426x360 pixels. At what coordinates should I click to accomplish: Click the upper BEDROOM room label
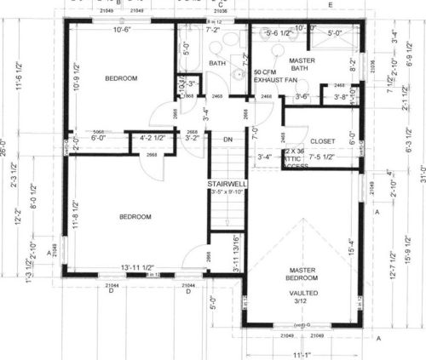tap(121, 78)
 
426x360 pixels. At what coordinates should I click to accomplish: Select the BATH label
tap(217, 63)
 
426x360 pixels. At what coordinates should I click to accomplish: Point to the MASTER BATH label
tap(302, 66)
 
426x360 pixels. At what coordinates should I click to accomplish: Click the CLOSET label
tap(322, 141)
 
